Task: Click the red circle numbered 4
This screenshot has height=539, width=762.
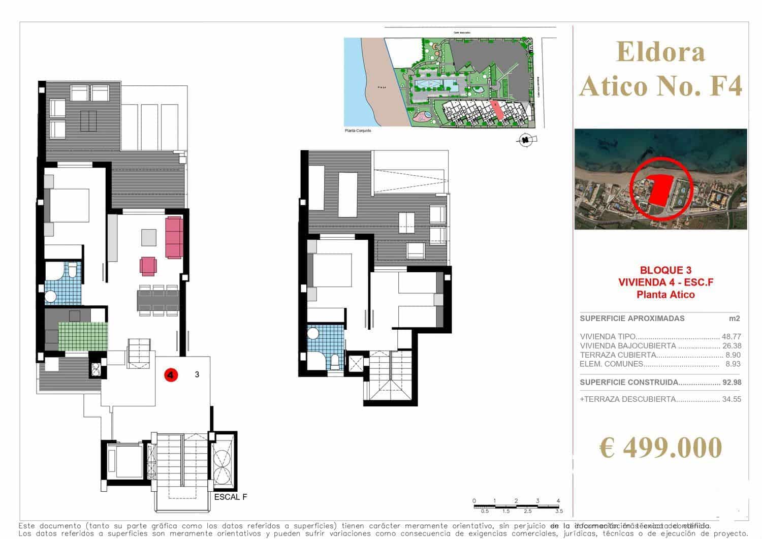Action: point(171,375)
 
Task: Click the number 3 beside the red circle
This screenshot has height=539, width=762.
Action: point(197,375)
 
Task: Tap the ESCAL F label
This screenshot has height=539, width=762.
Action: point(231,497)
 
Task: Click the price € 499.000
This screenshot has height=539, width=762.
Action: point(660,448)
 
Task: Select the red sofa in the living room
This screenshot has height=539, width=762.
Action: point(174,237)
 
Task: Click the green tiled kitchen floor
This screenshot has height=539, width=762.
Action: point(83,336)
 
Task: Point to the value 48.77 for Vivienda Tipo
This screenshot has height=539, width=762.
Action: point(731,336)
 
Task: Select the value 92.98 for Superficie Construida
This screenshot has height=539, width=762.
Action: point(731,383)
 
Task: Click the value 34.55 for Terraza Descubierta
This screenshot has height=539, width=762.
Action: point(732,399)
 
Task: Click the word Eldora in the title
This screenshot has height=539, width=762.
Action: point(661,52)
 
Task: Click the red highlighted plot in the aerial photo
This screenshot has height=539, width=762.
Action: point(659,189)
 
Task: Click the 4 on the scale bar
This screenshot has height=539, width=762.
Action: point(558,501)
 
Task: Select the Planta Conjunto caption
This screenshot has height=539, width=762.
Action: point(358,131)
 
